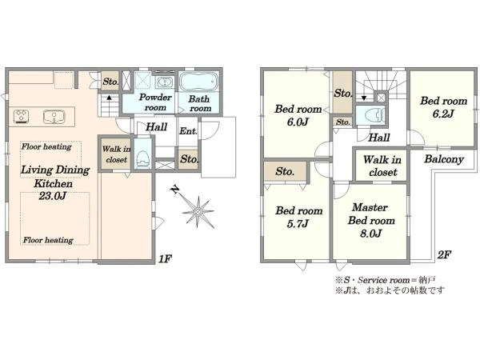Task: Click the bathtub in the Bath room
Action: point(198,82)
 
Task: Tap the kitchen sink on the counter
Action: point(54,117)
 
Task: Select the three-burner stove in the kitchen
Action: point(21,117)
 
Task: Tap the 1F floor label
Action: point(165,259)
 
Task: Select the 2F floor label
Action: point(444,254)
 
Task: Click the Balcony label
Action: point(444,159)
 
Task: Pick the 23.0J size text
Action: point(52,196)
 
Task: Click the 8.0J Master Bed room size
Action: point(370,234)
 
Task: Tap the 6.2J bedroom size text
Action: point(443,114)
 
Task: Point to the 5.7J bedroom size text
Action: point(298,224)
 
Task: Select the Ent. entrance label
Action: point(188,131)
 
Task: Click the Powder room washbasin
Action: point(165,82)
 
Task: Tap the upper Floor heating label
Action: point(46,146)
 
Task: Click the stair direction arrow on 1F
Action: point(109,98)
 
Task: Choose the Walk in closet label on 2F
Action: point(382,166)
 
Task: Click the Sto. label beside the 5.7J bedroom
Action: point(284,171)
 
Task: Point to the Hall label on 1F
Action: point(157,126)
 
